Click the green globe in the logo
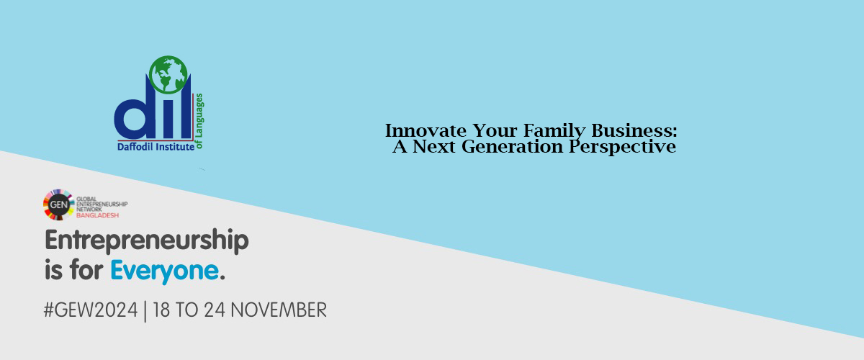coord(168,74)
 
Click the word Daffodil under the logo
coord(136,147)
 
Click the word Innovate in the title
coord(426,131)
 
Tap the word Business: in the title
coord(634,131)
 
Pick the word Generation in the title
coord(512,147)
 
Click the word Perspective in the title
coord(623,148)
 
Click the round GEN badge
coord(58,204)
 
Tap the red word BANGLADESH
coord(98,215)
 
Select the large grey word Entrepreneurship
coord(147,241)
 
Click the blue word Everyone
coord(165,271)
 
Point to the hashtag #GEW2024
coord(91,310)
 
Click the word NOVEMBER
coord(279,310)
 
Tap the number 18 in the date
coord(161,310)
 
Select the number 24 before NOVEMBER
coord(215,310)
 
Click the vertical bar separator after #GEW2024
coord(145,311)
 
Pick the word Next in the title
coord(434,147)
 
